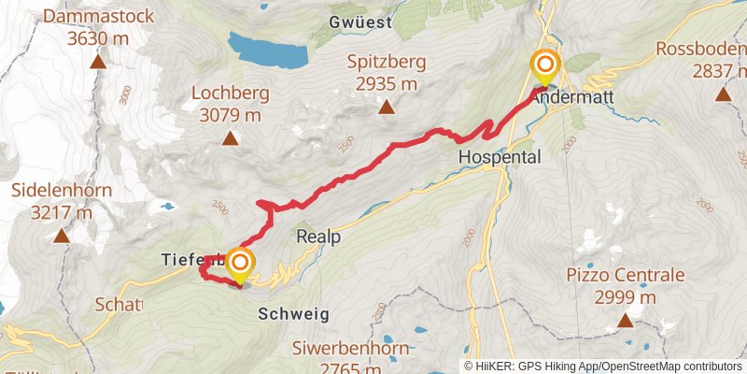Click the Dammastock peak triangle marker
tap(97, 64)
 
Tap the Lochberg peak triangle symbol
tap(230, 139)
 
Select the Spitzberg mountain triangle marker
tap(386, 108)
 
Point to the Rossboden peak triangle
tap(722, 93)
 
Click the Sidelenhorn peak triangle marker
tap(62, 237)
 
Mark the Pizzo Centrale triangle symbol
tap(625, 322)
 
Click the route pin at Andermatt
tap(544, 67)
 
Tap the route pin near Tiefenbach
tap(240, 264)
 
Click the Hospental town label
tap(500, 158)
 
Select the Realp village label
tap(318, 237)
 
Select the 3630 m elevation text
tap(97, 39)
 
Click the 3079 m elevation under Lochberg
tap(230, 115)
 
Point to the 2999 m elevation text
tap(625, 297)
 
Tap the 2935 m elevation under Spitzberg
tap(386, 84)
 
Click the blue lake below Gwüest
tap(268, 50)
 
